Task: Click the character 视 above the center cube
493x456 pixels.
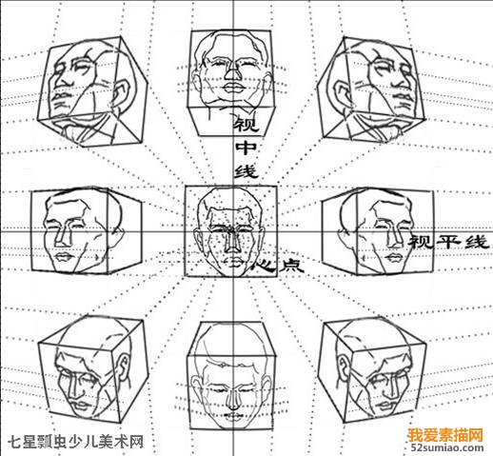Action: click(246, 124)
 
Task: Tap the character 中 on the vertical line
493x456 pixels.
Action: click(246, 148)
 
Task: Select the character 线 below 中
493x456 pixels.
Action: click(246, 171)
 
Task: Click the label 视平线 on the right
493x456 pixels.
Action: click(447, 243)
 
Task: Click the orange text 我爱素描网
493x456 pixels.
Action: click(445, 435)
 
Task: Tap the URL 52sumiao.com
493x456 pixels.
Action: click(447, 447)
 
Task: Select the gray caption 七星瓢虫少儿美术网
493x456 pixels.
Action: click(75, 442)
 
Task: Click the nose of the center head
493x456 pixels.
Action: click(232, 242)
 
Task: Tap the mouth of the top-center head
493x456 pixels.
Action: click(234, 88)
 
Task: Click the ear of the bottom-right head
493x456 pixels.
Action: click(343, 368)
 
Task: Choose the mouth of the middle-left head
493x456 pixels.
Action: click(64, 257)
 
